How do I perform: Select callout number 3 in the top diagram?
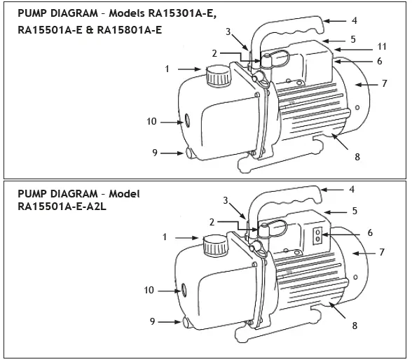click(228, 32)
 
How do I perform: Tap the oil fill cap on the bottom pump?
click(213, 246)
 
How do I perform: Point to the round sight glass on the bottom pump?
click(184, 288)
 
